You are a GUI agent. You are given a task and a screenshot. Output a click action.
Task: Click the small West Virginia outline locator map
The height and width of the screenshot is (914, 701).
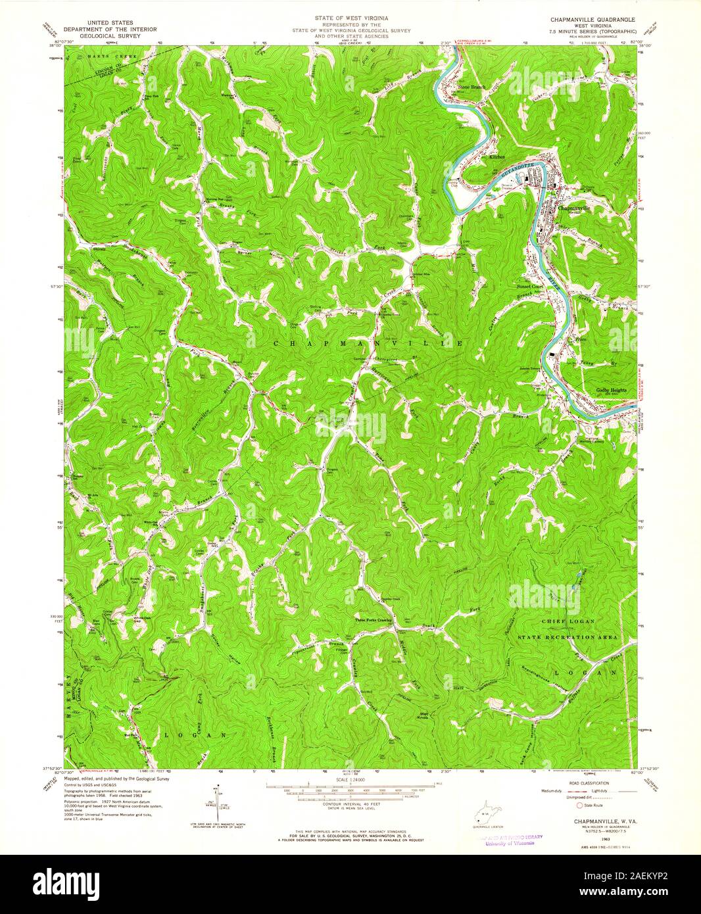point(483,821)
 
